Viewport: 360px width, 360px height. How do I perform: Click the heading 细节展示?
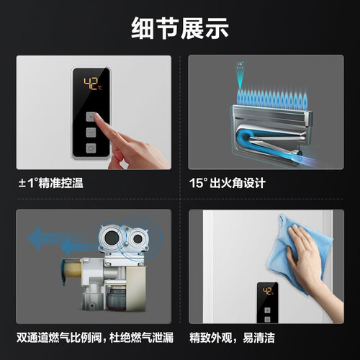[x=180, y=28]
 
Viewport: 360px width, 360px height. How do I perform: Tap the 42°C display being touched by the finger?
[x=93, y=84]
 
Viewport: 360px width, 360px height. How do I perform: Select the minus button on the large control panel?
[x=91, y=132]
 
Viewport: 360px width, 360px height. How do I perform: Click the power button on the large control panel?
[x=91, y=148]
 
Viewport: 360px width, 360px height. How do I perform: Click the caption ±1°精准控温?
[x=51, y=183]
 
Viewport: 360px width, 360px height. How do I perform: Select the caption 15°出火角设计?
[x=228, y=183]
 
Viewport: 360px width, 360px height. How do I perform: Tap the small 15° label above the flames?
[x=240, y=64]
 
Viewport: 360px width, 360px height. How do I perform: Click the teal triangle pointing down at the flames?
[x=240, y=79]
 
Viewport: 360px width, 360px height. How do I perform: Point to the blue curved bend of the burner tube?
[x=242, y=139]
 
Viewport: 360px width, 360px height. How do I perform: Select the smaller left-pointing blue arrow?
[x=78, y=247]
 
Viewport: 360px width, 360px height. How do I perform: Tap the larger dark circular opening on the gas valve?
[x=112, y=238]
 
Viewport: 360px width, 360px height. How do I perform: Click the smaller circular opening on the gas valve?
[x=138, y=239]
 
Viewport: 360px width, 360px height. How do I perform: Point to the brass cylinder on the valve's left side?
[x=73, y=269]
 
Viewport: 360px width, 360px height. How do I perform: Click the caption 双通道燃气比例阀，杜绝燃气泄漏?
[x=95, y=338]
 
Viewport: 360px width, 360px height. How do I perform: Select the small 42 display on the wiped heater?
[x=268, y=292]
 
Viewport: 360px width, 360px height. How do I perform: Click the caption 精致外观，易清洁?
[x=232, y=338]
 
